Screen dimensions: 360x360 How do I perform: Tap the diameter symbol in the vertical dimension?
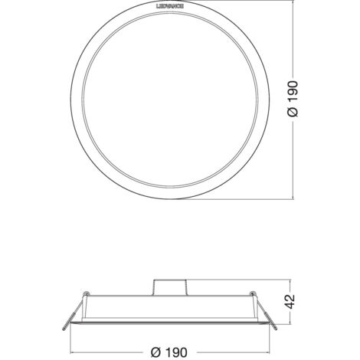295,112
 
